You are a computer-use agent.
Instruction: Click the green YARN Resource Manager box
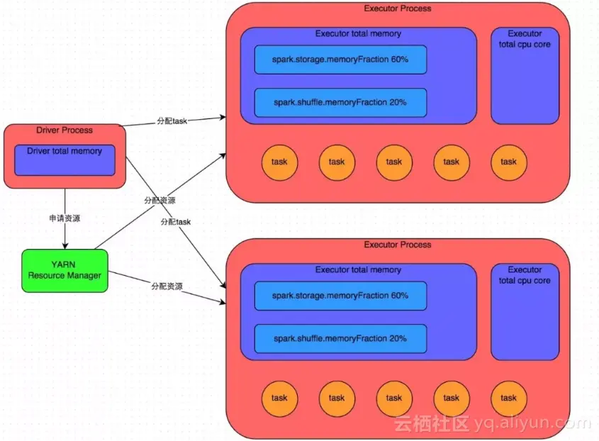[65, 270]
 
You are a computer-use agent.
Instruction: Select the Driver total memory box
[65, 160]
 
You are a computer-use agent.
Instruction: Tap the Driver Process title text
[65, 130]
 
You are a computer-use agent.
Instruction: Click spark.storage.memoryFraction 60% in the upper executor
[340, 60]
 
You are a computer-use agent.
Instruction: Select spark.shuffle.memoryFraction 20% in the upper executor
[340, 102]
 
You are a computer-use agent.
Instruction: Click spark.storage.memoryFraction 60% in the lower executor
[340, 296]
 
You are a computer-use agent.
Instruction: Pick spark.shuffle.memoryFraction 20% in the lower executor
[340, 338]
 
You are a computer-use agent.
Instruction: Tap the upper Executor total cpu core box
[525, 75]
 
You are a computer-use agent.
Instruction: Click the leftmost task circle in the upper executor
[279, 162]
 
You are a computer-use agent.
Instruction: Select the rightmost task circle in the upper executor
[509, 162]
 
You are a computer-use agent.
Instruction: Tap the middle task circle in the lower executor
[394, 398]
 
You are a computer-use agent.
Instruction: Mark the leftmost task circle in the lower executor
[279, 398]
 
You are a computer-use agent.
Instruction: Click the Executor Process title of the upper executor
[397, 9]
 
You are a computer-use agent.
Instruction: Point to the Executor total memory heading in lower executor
[358, 270]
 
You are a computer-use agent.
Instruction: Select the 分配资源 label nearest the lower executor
[167, 286]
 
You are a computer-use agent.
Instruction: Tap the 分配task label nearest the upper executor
[172, 121]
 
